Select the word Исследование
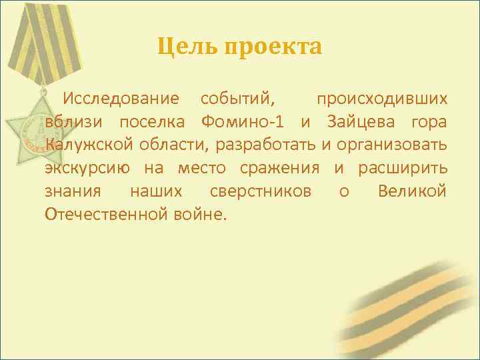click(x=121, y=99)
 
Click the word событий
click(x=237, y=99)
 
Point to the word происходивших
click(x=382, y=99)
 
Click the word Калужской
click(x=87, y=145)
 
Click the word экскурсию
click(x=87, y=168)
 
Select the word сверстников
click(x=261, y=191)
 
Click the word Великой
click(x=412, y=191)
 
